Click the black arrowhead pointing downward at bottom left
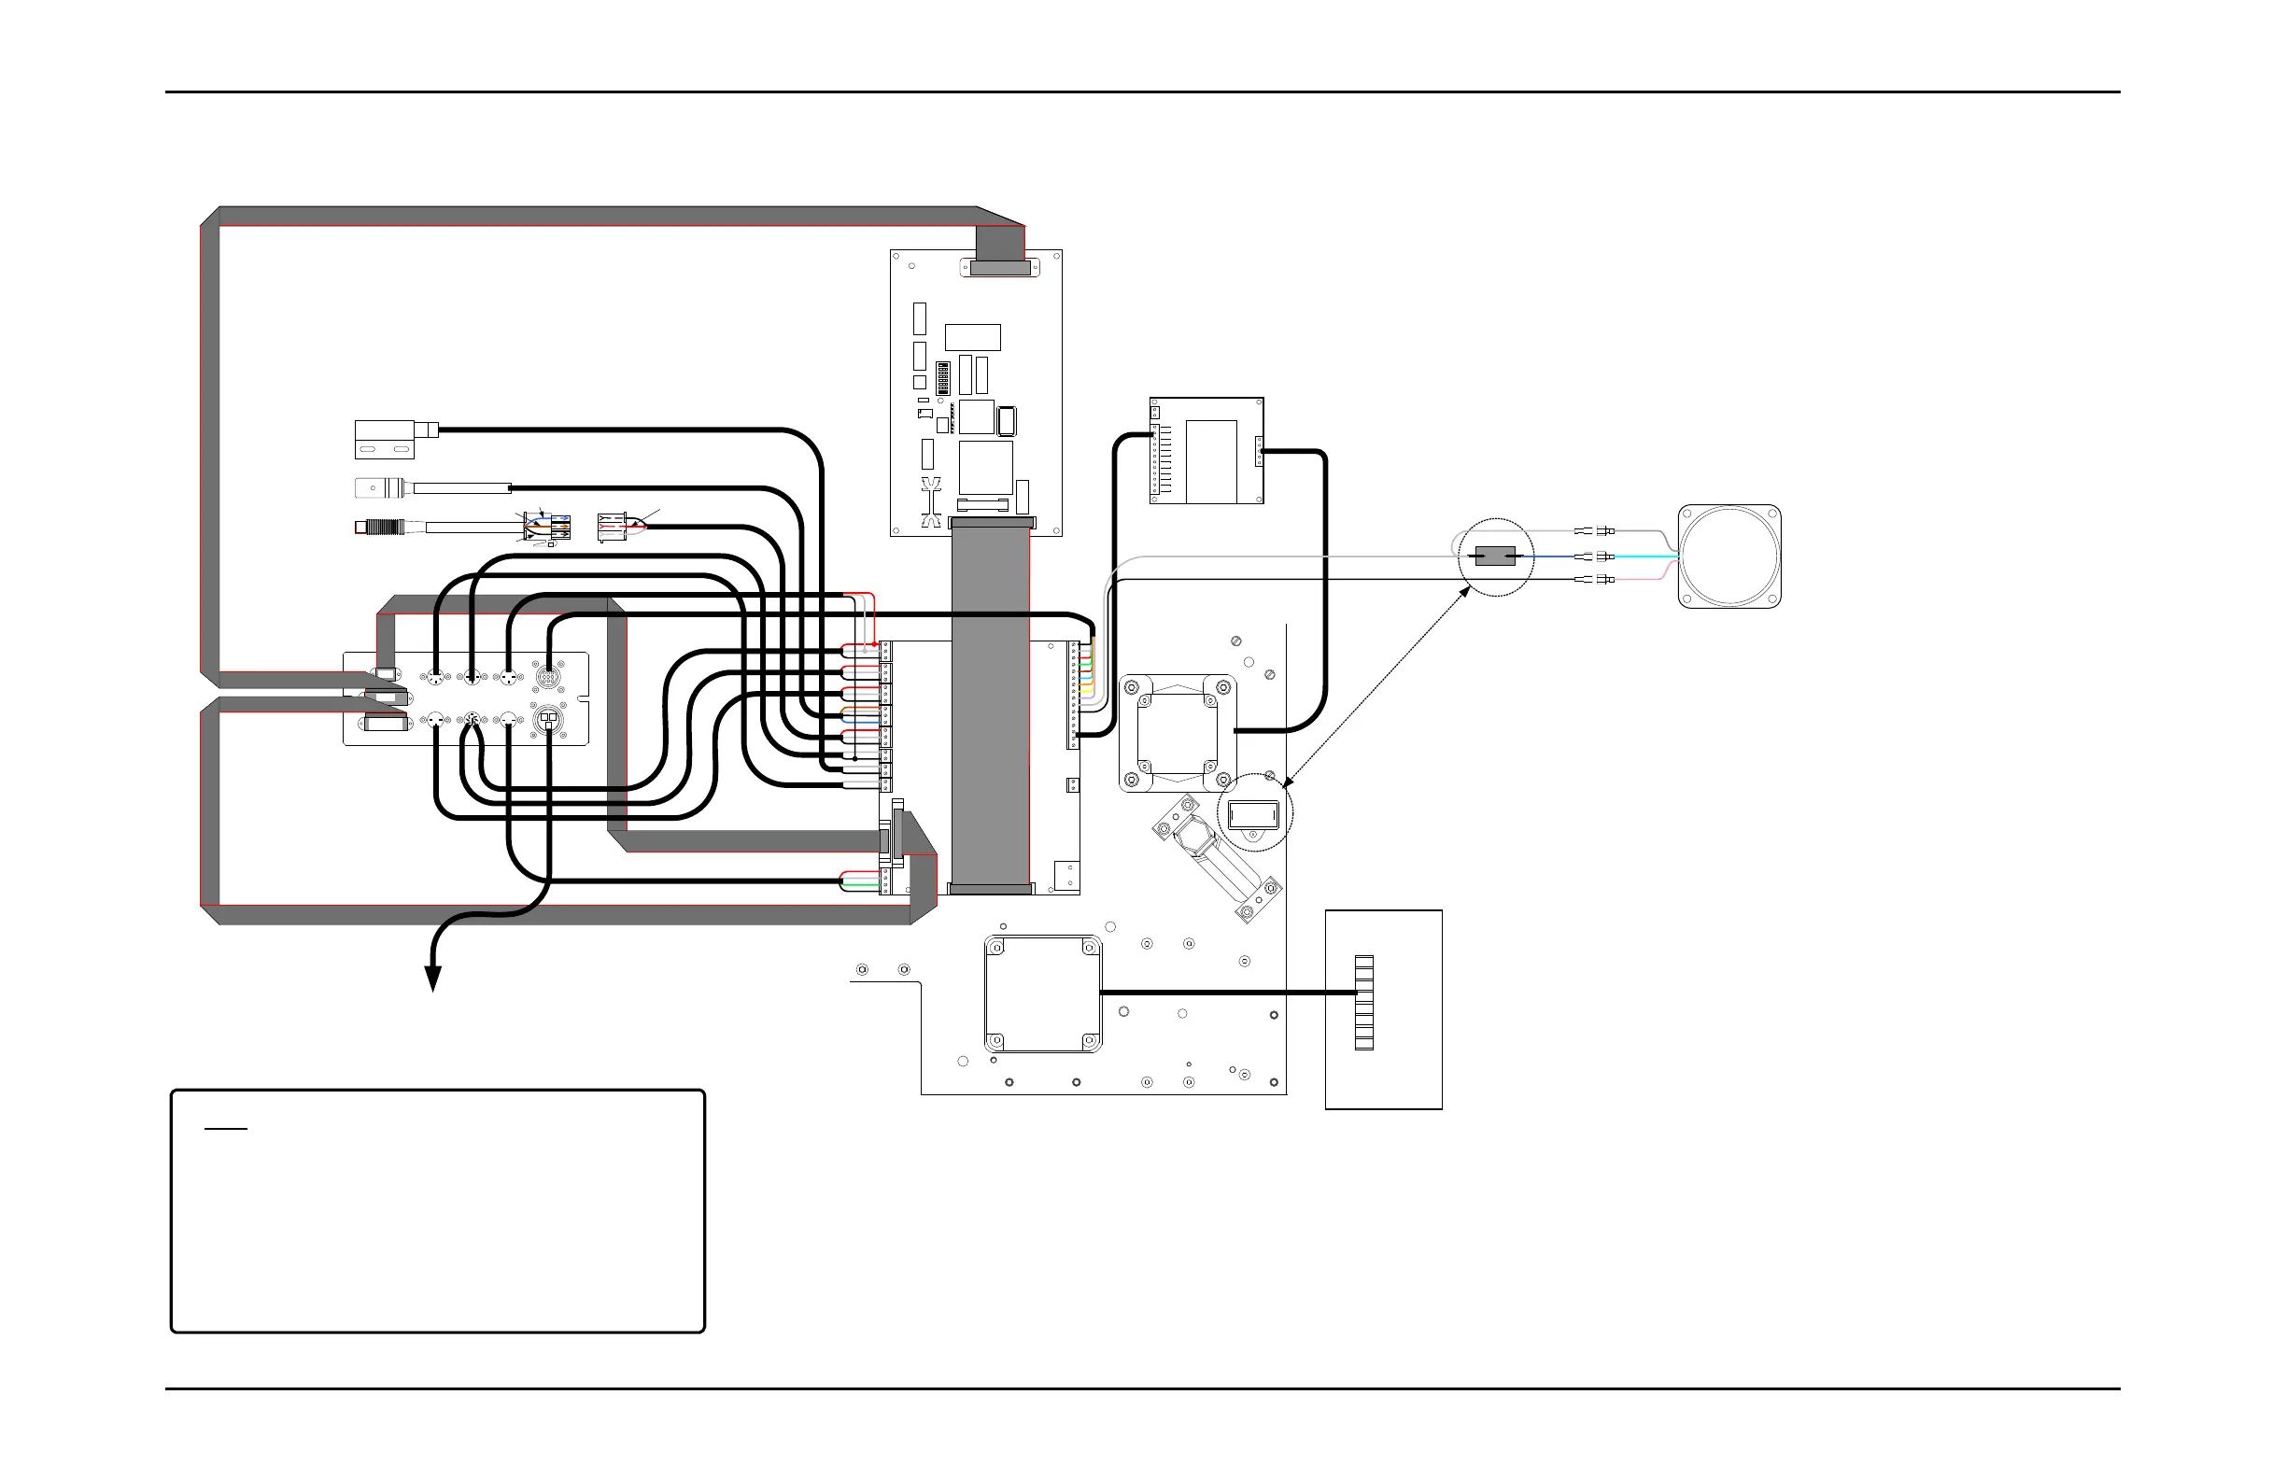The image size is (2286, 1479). coord(433,979)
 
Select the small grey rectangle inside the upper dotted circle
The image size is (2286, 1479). coord(1494,556)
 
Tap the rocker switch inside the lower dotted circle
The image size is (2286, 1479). coord(1253,814)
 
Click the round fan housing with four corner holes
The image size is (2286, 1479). coord(1729,557)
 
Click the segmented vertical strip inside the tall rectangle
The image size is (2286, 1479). coord(1364,1003)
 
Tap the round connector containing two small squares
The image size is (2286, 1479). coord(547,719)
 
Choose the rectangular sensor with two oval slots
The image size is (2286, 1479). coord(384,440)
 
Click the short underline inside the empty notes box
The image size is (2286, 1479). coord(227,1130)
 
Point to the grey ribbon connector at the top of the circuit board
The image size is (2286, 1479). coord(1000,268)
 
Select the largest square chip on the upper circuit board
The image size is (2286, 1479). coord(985,468)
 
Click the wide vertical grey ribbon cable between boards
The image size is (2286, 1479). coord(990,711)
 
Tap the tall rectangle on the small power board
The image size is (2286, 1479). coord(1211,461)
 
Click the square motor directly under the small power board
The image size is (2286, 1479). coord(1178,733)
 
